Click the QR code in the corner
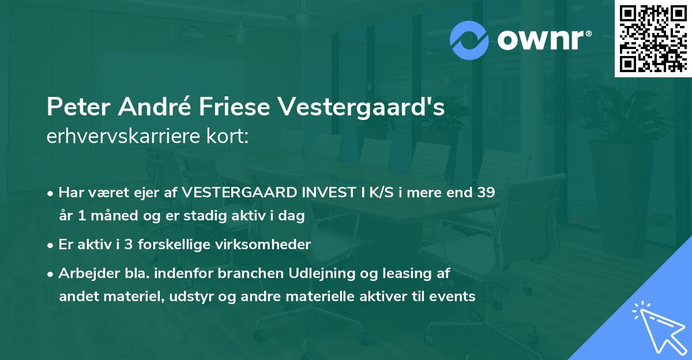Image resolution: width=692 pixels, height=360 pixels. point(653,39)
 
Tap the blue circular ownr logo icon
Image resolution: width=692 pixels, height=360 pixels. point(469,40)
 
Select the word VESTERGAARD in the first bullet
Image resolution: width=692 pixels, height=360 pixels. point(225,193)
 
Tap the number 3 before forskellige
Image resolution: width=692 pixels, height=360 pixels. point(127,245)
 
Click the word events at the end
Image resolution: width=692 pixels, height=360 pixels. point(455,297)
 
